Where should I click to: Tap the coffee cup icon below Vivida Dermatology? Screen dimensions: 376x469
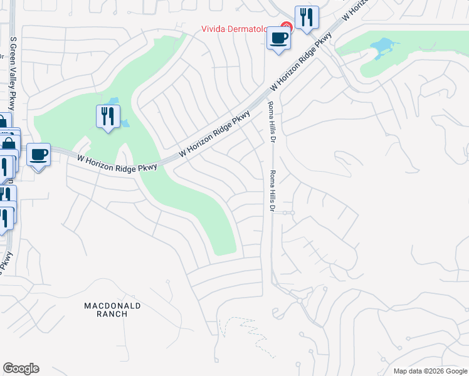(278, 38)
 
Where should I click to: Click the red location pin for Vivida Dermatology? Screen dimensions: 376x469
(286, 27)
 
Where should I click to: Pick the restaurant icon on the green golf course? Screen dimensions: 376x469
(108, 116)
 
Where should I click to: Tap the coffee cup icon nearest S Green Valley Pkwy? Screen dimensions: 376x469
(38, 154)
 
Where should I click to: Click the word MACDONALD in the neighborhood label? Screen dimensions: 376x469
(112, 306)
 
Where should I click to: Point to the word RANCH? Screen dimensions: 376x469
(112, 314)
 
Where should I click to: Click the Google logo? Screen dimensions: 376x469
(21, 368)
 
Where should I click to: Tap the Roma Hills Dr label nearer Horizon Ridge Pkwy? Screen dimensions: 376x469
(271, 122)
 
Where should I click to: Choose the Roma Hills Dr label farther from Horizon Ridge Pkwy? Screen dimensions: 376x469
(273, 192)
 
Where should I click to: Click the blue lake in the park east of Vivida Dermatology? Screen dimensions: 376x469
(382, 48)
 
